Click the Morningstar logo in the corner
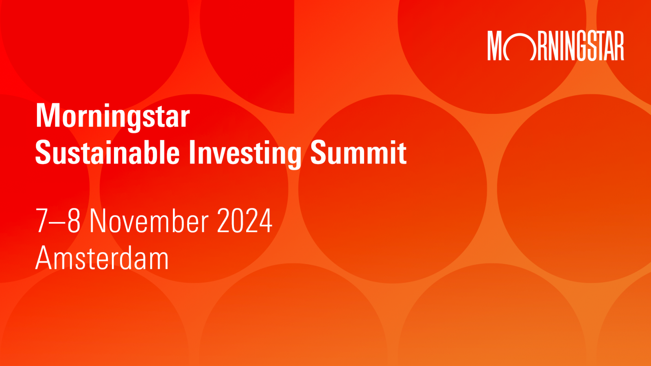click(x=555, y=46)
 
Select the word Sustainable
click(x=107, y=152)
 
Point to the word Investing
click(x=245, y=154)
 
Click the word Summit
click(x=358, y=152)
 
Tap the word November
click(x=149, y=220)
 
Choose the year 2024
click(x=245, y=220)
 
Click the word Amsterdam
click(x=102, y=258)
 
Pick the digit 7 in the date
click(x=42, y=220)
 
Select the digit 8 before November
click(x=74, y=220)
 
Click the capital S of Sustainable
click(x=44, y=152)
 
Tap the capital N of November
click(x=98, y=220)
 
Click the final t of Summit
click(x=402, y=153)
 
